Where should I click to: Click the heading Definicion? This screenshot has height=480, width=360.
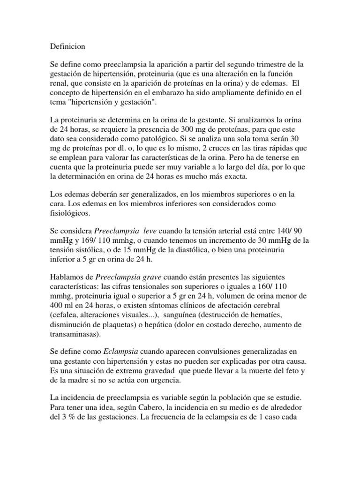click(67, 47)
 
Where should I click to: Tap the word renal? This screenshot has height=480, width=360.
click(59, 84)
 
